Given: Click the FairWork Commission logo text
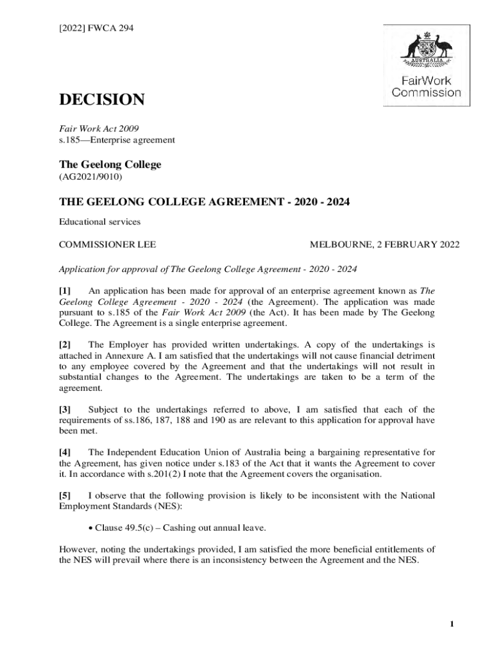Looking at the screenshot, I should [426, 87].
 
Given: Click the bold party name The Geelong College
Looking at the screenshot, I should [110, 164].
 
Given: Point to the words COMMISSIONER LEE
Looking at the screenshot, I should [108, 244].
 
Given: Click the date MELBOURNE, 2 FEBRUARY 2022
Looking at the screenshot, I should [384, 244].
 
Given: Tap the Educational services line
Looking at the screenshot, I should [99, 222].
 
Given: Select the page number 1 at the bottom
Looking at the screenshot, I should [452, 624].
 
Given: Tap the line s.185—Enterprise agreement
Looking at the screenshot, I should [117, 139].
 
